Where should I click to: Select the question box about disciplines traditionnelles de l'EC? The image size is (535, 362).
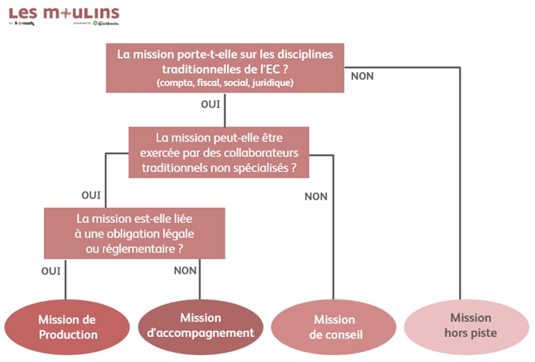[224, 67]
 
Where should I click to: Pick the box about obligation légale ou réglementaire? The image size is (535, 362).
[135, 232]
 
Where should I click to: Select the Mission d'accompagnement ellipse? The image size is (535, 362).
[200, 326]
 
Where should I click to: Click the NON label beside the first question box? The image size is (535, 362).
[362, 76]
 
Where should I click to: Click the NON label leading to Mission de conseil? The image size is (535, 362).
[315, 196]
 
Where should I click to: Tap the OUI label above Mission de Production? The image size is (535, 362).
[51, 271]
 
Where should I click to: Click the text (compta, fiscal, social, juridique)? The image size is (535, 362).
[224, 83]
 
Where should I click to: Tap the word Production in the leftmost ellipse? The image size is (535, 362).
[69, 335]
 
